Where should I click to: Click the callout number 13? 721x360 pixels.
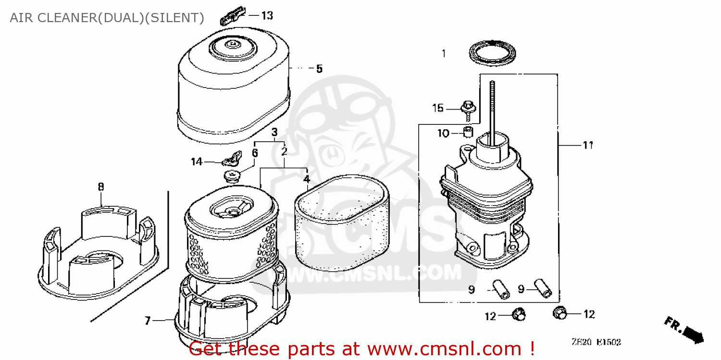[267, 16]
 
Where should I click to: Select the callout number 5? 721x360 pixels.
[319, 69]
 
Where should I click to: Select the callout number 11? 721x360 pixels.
[587, 145]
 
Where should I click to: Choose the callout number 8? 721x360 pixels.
[100, 186]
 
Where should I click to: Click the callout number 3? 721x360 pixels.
[274, 132]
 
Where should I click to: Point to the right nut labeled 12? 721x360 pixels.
[560, 313]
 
